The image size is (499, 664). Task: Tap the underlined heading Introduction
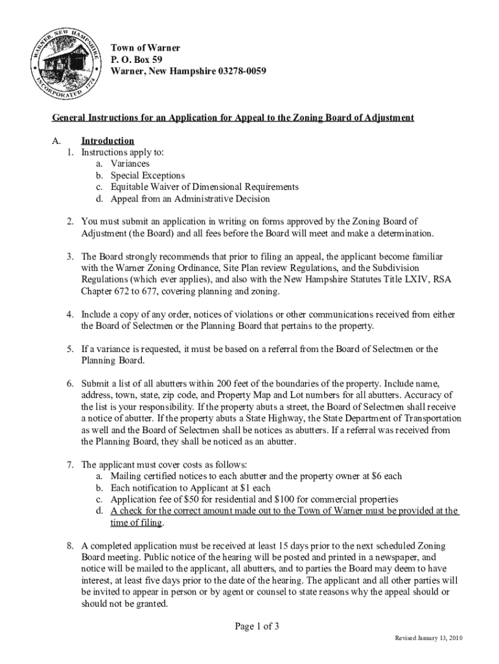[x=108, y=141]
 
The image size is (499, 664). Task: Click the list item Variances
[x=130, y=164]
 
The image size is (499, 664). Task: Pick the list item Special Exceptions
[x=148, y=176]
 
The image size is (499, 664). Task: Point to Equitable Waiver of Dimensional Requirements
[x=205, y=187]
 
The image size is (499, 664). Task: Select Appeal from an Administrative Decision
[x=190, y=198]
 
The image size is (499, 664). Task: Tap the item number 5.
[x=69, y=349]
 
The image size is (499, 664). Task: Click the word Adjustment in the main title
[x=383, y=117]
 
